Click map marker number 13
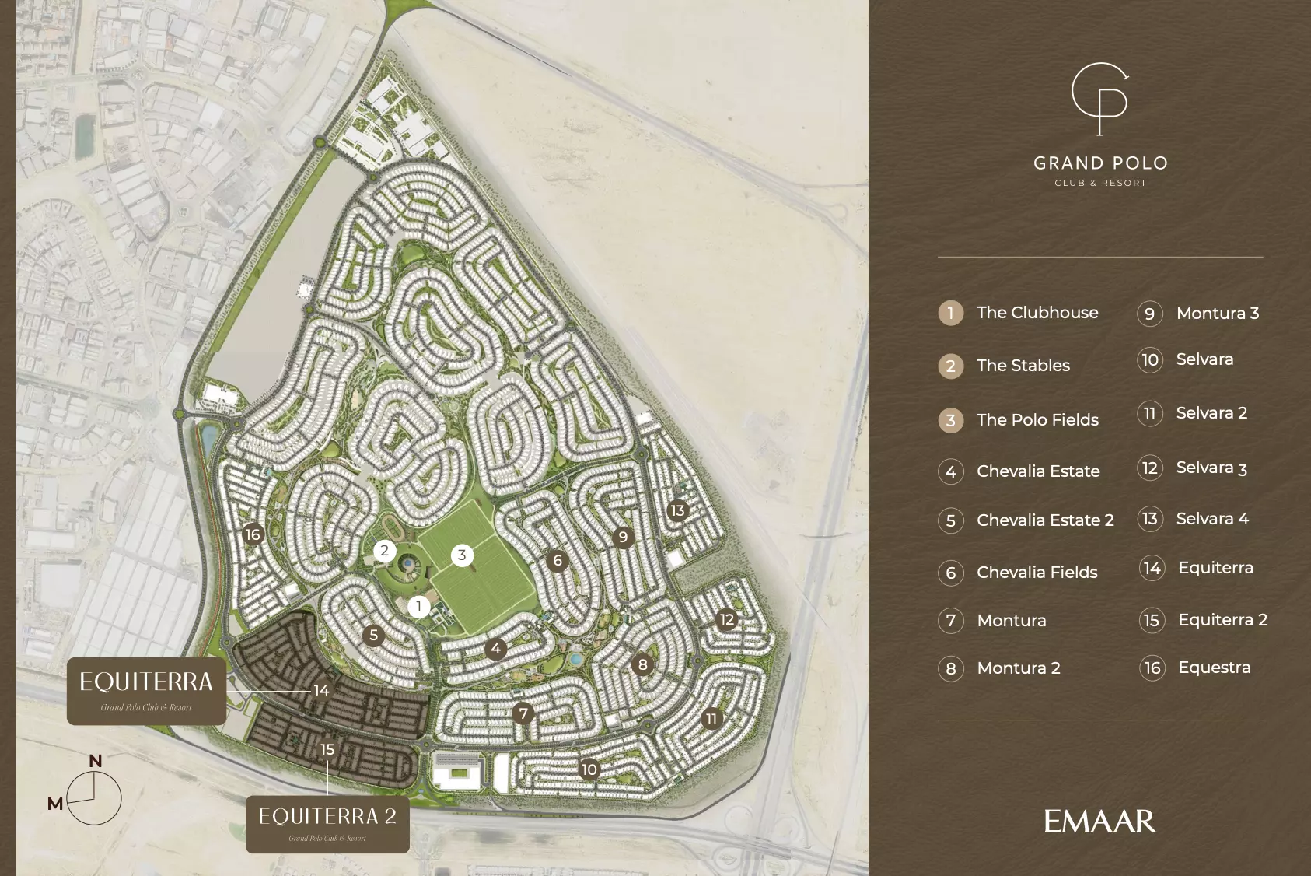[x=677, y=510]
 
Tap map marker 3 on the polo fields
[x=462, y=555]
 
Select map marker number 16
[x=253, y=534]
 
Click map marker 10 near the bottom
[x=589, y=769]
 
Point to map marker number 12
[x=727, y=619]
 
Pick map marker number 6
[x=557, y=560]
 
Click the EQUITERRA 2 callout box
[x=327, y=824]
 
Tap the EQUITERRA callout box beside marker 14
[x=146, y=691]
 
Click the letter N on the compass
[x=96, y=761]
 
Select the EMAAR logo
[x=1099, y=822]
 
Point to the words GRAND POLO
[x=1100, y=163]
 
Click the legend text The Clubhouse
[x=1037, y=313]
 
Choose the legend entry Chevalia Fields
[x=1037, y=573]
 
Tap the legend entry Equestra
[x=1214, y=668]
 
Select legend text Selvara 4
[x=1211, y=519]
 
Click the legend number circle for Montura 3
[x=1150, y=314]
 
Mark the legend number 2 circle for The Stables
[x=950, y=366]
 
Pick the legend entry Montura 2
[x=1018, y=668]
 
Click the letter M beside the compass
[x=55, y=804]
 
